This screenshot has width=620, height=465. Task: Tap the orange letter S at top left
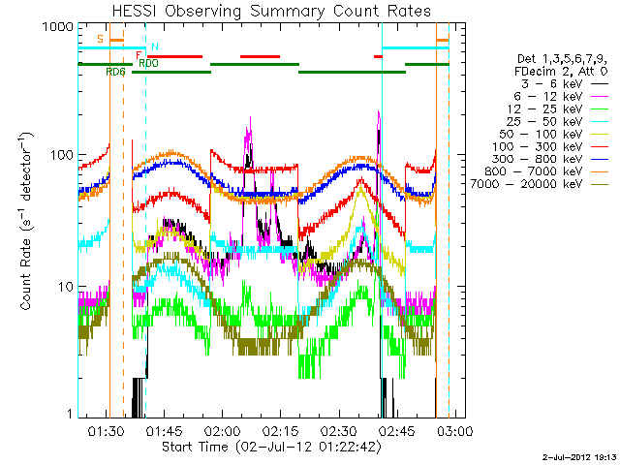tap(100, 39)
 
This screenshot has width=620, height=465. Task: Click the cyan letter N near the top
tap(154, 46)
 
